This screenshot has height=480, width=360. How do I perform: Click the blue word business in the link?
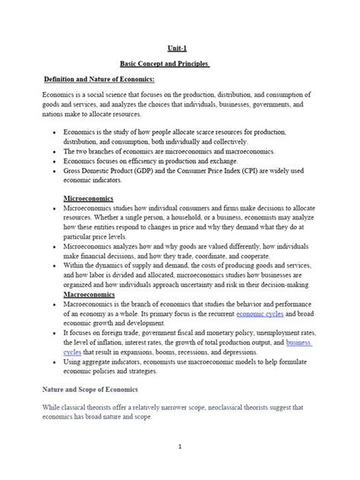click(298, 343)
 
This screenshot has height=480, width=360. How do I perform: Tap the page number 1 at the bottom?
click(179, 447)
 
